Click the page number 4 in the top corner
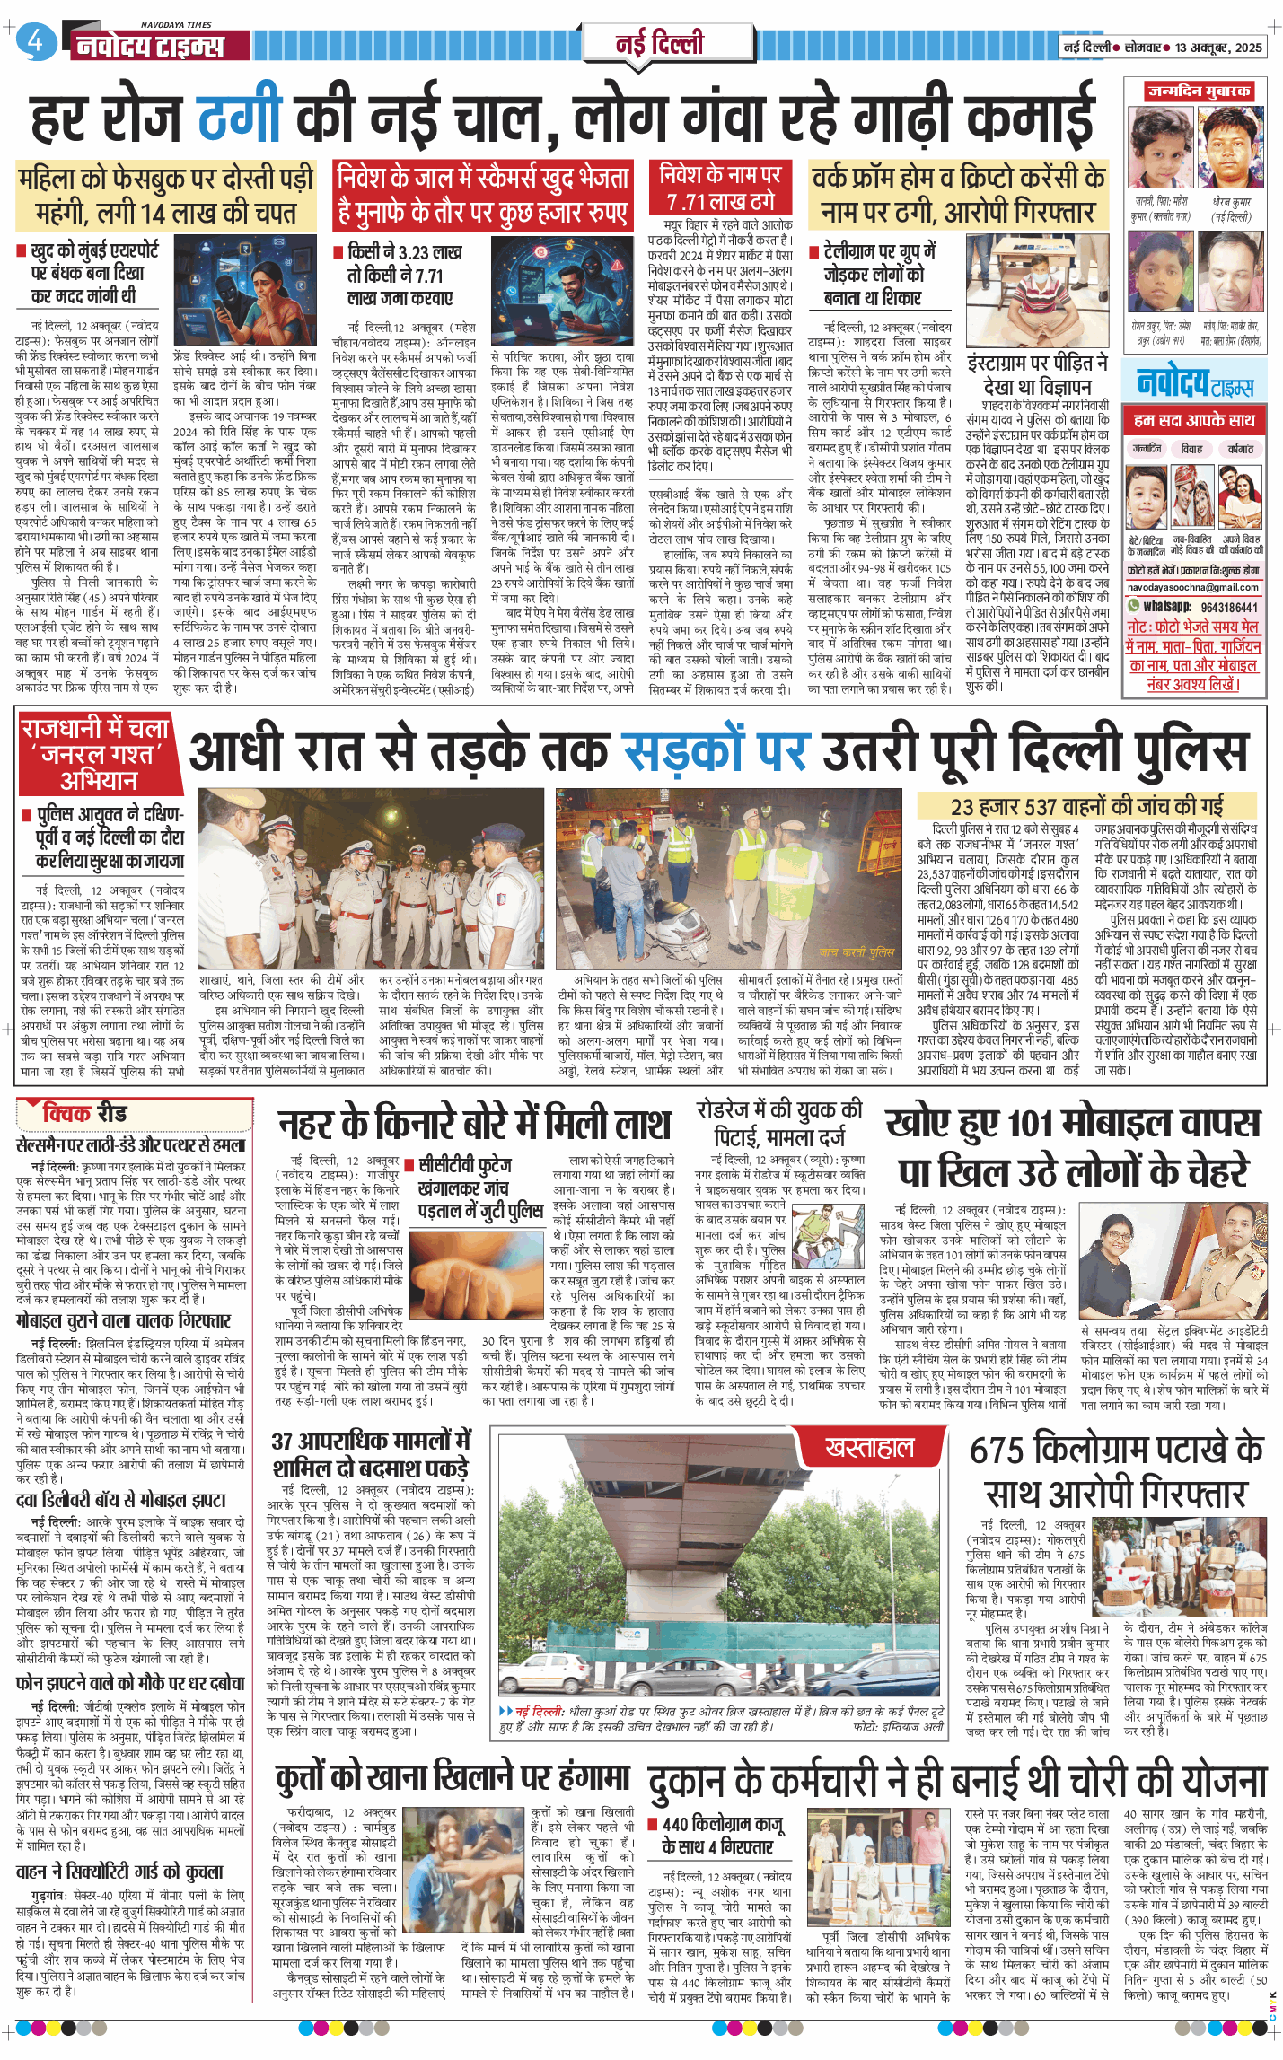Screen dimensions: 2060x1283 click(x=35, y=41)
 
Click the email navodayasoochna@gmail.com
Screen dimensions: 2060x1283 click(x=1194, y=587)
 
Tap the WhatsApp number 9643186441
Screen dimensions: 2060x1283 click(x=1228, y=607)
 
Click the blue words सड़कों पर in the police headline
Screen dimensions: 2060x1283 click(x=714, y=751)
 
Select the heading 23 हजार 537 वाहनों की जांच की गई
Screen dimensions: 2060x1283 click(x=1086, y=805)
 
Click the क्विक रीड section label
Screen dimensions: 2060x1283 click(x=85, y=1114)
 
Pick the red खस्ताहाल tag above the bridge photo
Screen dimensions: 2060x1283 click(x=869, y=1448)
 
